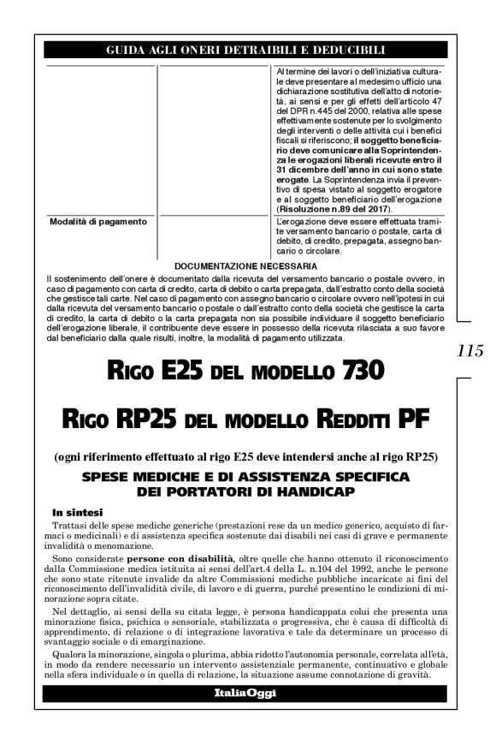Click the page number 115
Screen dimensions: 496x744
click(471, 350)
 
